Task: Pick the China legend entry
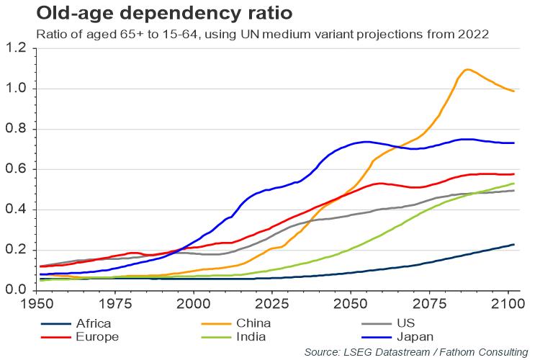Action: pyautogui.click(x=248, y=324)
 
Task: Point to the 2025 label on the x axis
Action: pyautogui.click(x=272, y=304)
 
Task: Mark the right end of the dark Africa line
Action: pyautogui.click(x=514, y=245)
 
